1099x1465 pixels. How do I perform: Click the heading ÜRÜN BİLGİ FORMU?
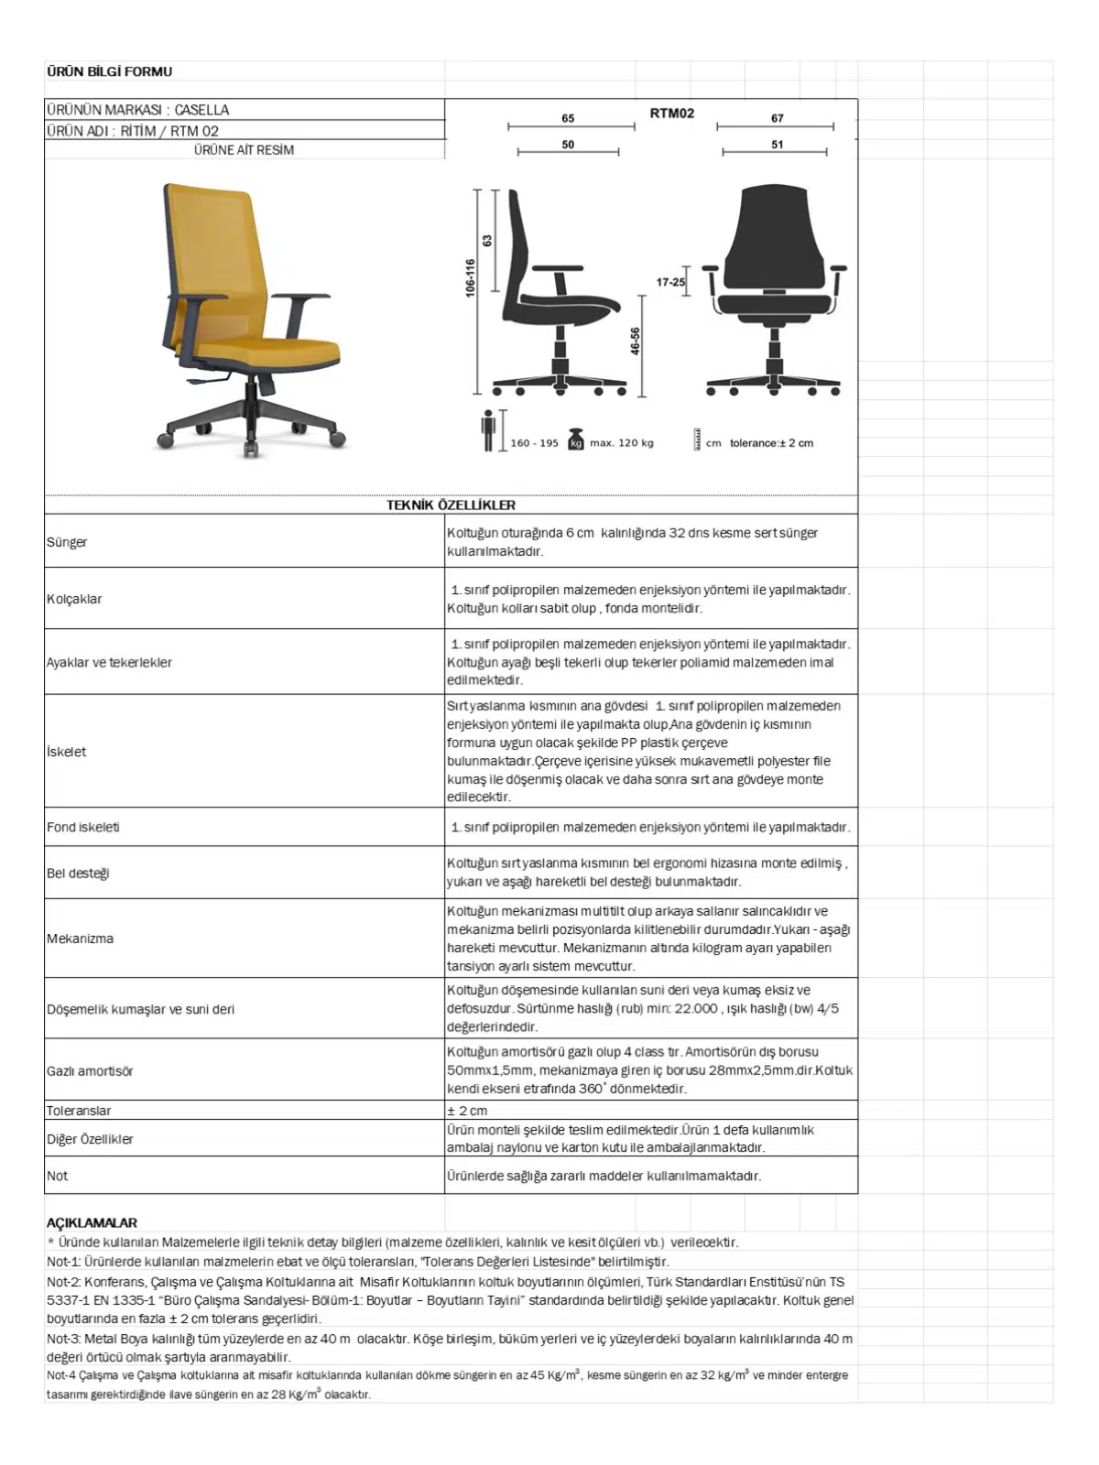coord(109,71)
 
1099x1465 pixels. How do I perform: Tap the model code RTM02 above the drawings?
coord(671,114)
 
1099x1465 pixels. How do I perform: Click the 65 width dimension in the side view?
coord(568,118)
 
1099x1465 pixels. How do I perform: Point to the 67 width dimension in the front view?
coord(777,118)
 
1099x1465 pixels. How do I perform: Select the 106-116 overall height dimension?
coord(470,277)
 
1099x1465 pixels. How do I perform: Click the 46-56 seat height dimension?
coord(635,342)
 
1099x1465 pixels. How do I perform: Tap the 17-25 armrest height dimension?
coord(669,282)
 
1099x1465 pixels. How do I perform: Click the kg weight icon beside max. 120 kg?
coord(576,439)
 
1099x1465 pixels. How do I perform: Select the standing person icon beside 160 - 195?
coord(488,430)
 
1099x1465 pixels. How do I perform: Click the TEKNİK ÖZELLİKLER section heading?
coord(451,505)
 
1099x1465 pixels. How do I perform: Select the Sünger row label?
coord(67,542)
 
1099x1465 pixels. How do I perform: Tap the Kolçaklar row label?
coord(74,599)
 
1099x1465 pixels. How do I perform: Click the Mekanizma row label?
coord(80,939)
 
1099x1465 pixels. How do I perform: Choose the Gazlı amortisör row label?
coord(90,1070)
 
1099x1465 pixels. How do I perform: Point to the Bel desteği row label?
coord(78,873)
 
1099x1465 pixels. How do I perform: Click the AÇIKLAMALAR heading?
coord(92,1222)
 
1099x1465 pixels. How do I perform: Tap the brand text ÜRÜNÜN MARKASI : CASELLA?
coord(137,110)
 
